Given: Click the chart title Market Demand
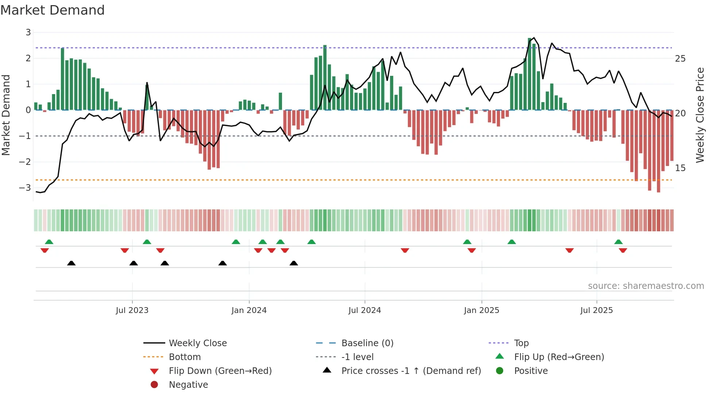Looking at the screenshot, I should pyautogui.click(x=53, y=10).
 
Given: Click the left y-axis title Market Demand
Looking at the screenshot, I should pyautogui.click(x=6, y=115).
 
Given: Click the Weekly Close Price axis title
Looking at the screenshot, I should pyautogui.click(x=700, y=115).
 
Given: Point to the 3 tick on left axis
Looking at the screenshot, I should pyautogui.click(x=28, y=32).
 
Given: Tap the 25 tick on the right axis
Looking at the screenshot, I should pyautogui.click(x=680, y=59).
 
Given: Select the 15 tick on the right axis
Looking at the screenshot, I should pyautogui.click(x=680, y=168).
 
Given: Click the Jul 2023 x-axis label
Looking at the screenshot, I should pyautogui.click(x=132, y=310).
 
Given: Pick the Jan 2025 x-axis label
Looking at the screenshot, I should pyautogui.click(x=481, y=310).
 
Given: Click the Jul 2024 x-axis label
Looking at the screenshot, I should pyautogui.click(x=364, y=310).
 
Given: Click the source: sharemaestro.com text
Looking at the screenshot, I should pyautogui.click(x=646, y=286).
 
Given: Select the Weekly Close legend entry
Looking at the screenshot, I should pyautogui.click(x=197, y=343).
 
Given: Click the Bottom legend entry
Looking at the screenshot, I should pyautogui.click(x=185, y=357).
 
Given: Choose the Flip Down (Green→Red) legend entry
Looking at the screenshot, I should pyautogui.click(x=220, y=371).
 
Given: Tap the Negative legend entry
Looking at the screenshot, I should pyautogui.click(x=188, y=385).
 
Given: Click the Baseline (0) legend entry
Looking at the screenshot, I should pyautogui.click(x=367, y=343).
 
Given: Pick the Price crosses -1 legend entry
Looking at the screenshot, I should pyautogui.click(x=411, y=371).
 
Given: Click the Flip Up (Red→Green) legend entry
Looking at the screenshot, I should pyautogui.click(x=559, y=357).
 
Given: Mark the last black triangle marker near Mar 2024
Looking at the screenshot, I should pyautogui.click(x=294, y=263).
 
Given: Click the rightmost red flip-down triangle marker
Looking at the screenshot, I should pyautogui.click(x=623, y=250).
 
